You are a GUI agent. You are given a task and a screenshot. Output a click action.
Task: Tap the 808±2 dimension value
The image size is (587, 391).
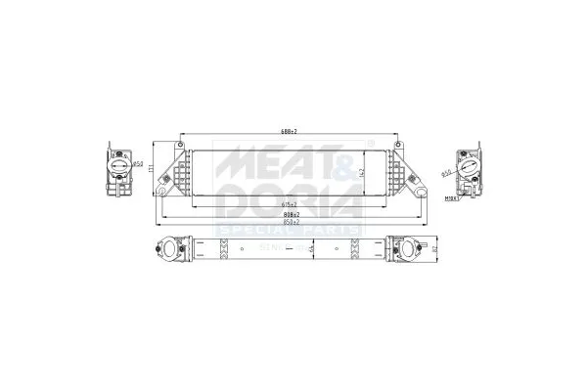pyautogui.click(x=291, y=214)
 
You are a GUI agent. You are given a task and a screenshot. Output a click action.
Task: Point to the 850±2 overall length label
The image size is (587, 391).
pyautogui.click(x=291, y=222)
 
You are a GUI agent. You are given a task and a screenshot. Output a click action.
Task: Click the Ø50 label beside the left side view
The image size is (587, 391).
pyautogui.click(x=139, y=164)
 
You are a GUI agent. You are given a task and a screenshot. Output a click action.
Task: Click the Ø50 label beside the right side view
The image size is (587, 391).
pyautogui.click(x=447, y=174)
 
